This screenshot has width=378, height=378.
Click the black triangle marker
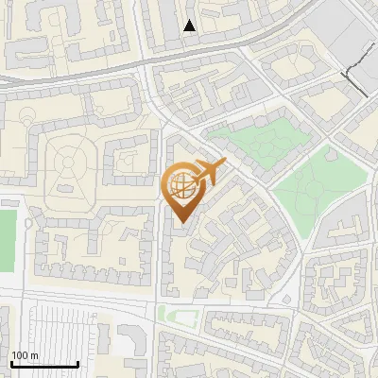tap(190, 26)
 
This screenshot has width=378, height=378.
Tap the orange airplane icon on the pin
tap(209, 172)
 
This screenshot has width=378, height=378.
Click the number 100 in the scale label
tap(21, 355)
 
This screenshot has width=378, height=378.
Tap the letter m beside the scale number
tap(34, 355)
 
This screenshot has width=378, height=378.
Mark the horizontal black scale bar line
tap(43, 364)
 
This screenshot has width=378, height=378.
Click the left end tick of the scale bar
tap(10, 362)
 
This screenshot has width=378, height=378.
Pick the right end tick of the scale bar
tap(77, 362)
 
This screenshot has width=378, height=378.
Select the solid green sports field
tap(8, 241)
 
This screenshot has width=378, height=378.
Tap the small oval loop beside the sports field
tap(27, 224)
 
